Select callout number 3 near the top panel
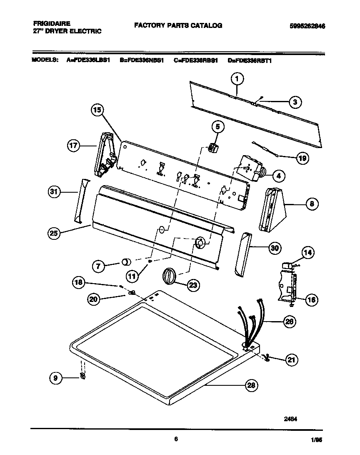coord(295,102)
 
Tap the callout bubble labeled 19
coord(302,158)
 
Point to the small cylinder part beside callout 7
coord(125,261)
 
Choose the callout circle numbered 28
coord(251,385)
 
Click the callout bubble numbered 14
coord(308,252)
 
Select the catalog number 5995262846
coord(307,26)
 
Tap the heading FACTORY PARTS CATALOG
coord(178,25)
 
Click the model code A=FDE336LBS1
coord(88,60)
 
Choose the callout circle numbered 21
coord(291,360)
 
